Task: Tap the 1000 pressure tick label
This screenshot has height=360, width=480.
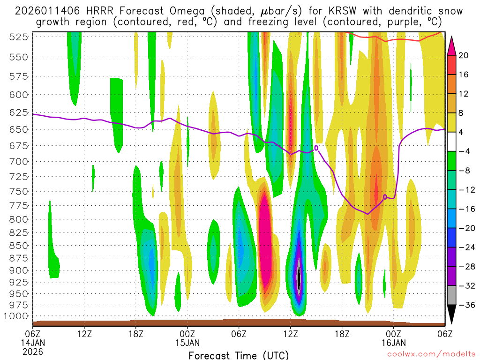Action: [x=19, y=315]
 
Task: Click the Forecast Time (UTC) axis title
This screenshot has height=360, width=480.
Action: [x=239, y=355]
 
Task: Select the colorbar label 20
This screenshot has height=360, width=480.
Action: [x=464, y=55]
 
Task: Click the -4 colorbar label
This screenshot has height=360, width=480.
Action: [x=464, y=151]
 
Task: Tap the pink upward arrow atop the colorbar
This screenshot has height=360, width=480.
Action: [x=451, y=45]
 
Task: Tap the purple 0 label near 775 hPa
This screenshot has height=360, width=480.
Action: [x=385, y=197]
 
